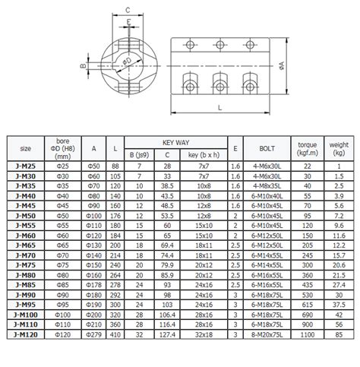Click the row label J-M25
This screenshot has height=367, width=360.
tap(23, 166)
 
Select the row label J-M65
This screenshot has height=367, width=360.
tap(23, 245)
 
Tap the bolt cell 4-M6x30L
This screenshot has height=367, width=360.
tap(266, 166)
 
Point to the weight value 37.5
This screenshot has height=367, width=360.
tap(336, 303)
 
